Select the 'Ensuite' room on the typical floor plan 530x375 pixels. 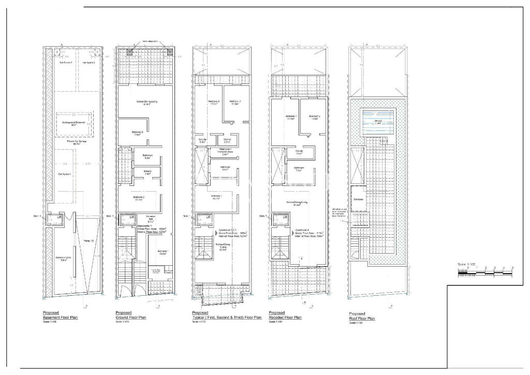point(203,140)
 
